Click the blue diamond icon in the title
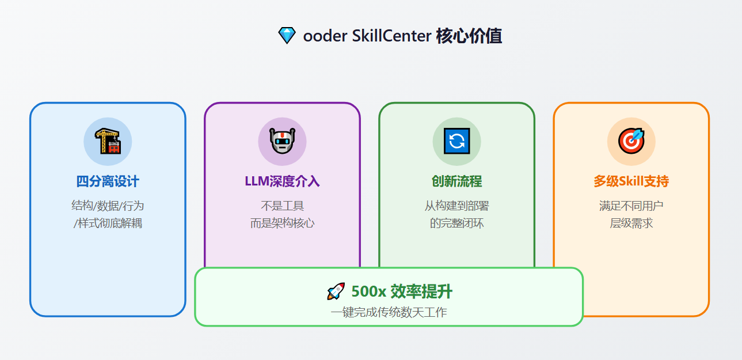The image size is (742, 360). pyautogui.click(x=287, y=36)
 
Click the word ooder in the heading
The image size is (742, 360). pyautogui.click(x=325, y=36)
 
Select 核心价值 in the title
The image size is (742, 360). pyautogui.click(x=469, y=36)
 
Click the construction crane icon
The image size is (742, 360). pyautogui.click(x=108, y=141)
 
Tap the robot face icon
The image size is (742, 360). pyautogui.click(x=282, y=141)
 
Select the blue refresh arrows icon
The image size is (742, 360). pyautogui.click(x=456, y=141)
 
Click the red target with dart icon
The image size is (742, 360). pyautogui.click(x=631, y=141)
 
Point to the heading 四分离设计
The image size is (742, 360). pyautogui.click(x=108, y=181)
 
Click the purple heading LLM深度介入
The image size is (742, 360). pyautogui.click(x=282, y=181)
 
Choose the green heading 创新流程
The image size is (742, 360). pyautogui.click(x=456, y=181)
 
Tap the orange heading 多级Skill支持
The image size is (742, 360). pyautogui.click(x=631, y=181)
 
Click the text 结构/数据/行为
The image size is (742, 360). pyautogui.click(x=108, y=206)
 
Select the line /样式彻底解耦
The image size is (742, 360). pyautogui.click(x=108, y=223)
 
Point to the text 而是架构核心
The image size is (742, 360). pyautogui.click(x=282, y=223)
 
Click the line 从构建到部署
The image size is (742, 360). pyautogui.click(x=456, y=206)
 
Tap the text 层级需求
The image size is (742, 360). pyautogui.click(x=631, y=223)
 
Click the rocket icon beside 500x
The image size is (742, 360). pyautogui.click(x=336, y=291)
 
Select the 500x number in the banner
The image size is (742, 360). pyautogui.click(x=368, y=292)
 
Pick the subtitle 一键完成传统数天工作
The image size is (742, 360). pyautogui.click(x=389, y=312)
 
